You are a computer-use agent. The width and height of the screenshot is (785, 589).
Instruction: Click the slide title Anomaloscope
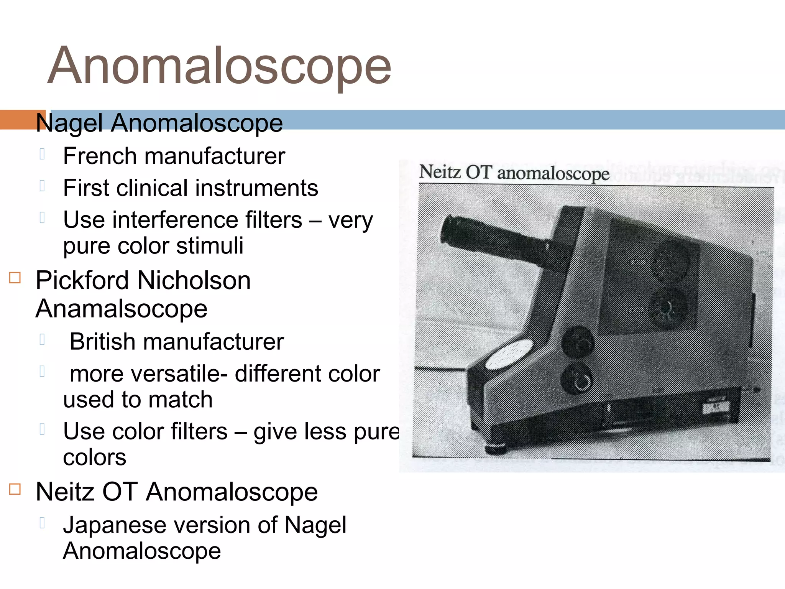pyautogui.click(x=219, y=66)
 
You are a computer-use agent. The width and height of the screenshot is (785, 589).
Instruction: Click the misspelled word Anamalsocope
pyautogui.click(x=121, y=309)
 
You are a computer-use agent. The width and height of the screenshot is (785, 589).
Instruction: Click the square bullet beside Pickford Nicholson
pyautogui.click(x=15, y=277)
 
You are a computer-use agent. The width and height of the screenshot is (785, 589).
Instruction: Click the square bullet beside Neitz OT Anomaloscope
pyautogui.click(x=15, y=489)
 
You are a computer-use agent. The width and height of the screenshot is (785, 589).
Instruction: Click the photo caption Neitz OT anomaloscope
pyautogui.click(x=514, y=173)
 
